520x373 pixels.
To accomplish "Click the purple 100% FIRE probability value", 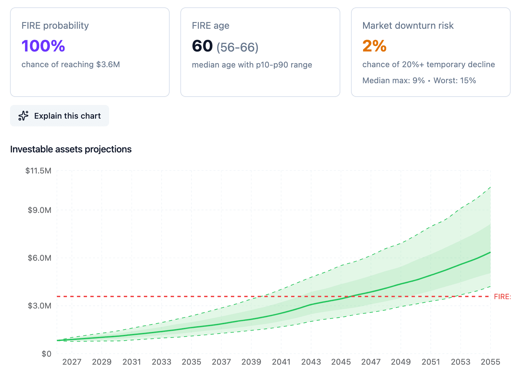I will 43,46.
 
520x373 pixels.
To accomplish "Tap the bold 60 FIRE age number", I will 202,46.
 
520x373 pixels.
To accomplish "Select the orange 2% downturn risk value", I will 374,46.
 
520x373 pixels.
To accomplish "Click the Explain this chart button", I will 60,116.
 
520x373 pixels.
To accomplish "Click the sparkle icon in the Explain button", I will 23,116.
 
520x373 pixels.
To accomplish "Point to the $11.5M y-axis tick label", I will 38,171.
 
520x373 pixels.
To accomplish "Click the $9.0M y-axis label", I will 39,210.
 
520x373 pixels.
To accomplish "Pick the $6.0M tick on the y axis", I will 39,258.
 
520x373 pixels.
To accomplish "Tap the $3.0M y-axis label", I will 39,306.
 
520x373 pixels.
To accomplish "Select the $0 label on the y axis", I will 47,354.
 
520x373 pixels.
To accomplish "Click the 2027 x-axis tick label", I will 72,362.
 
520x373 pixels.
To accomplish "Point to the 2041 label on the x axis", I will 281,362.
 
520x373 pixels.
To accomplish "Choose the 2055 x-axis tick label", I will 490,362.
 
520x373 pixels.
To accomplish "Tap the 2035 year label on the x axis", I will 191,362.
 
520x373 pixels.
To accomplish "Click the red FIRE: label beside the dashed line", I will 502,297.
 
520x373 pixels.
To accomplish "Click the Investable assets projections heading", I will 71,149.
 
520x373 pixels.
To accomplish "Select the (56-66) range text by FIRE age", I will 237,47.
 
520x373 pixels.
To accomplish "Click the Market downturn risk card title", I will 408,26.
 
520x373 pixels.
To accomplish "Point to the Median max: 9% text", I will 394,81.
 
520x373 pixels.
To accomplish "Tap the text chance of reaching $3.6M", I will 71,65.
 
